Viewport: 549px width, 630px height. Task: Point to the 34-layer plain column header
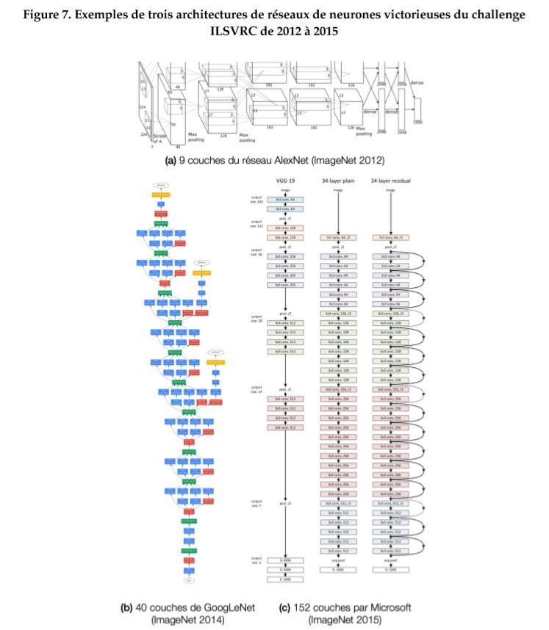coord(338,181)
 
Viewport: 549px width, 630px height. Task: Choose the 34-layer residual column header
coord(390,181)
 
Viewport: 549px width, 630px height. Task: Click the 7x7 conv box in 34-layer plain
coord(338,237)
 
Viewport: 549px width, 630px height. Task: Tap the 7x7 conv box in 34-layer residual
coord(390,237)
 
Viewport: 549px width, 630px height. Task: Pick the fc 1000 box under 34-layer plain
coord(338,570)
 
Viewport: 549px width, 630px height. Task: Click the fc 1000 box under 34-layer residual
coord(390,570)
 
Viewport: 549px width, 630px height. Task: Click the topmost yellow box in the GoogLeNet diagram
coord(161,195)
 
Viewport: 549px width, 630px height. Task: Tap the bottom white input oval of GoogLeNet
coord(189,580)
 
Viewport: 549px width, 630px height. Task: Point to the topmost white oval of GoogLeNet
coord(161,184)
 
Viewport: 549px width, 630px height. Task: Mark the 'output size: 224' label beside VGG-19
coord(256,198)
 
